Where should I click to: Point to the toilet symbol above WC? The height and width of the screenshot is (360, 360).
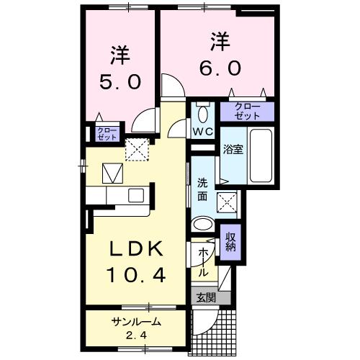(x=202, y=113)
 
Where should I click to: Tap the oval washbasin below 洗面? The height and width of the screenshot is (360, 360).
(x=204, y=223)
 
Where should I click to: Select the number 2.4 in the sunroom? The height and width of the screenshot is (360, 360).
(x=135, y=336)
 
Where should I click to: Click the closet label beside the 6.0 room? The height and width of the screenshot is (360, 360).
(x=247, y=112)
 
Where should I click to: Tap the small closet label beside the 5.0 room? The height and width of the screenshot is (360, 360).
(x=96, y=134)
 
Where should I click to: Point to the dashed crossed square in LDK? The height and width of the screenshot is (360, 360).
(x=135, y=148)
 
